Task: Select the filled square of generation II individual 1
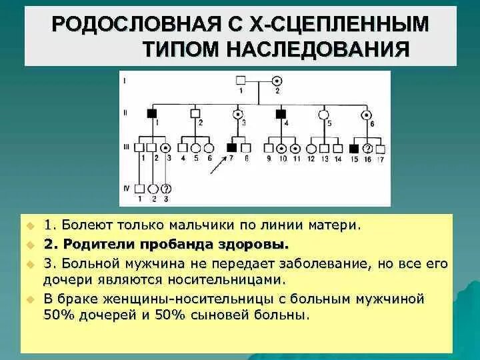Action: pyautogui.click(x=151, y=113)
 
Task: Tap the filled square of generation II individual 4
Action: pyautogui.click(x=281, y=113)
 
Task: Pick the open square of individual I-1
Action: pyautogui.click(x=241, y=81)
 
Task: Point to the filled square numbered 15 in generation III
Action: pyautogui.click(x=355, y=148)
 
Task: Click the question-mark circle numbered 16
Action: pyautogui.click(x=367, y=148)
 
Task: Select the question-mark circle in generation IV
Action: pyautogui.click(x=166, y=189)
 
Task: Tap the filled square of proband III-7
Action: pyautogui.click(x=232, y=147)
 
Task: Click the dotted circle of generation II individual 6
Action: pyautogui.click(x=366, y=113)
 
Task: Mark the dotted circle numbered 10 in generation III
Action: pyautogui.click(x=282, y=148)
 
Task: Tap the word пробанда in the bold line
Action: pyautogui.click(x=189, y=243)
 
